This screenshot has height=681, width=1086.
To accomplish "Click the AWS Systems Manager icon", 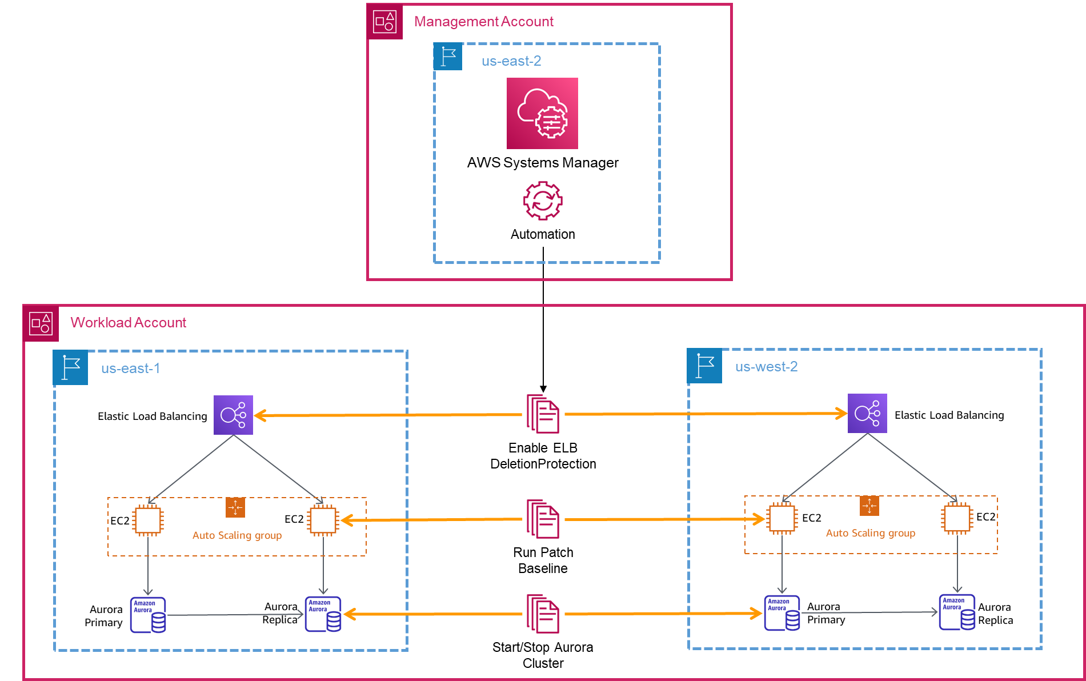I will pos(542,113).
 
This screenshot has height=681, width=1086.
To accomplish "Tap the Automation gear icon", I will pos(543,201).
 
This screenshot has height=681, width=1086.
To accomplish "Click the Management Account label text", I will pos(483,22).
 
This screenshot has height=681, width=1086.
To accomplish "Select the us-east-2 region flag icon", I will pos(448,57).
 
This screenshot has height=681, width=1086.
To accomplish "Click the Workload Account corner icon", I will pos(41,323).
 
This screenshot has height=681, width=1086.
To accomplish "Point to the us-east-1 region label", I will pos(130,368).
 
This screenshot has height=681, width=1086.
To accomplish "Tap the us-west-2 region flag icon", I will pos(704,366).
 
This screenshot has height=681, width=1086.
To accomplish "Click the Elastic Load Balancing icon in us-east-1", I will pos(233,415).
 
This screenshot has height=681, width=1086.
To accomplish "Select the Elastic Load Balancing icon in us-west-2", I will pos(867,413).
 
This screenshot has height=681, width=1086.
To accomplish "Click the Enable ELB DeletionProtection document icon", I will pos(543,414).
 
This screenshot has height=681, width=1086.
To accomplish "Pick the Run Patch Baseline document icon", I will pos(543,519).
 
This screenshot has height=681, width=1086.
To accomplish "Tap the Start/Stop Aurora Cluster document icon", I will pos(543,614).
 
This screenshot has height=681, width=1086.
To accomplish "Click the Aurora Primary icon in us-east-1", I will pos(148,615).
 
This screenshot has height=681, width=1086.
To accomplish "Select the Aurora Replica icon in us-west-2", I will pos(957,612).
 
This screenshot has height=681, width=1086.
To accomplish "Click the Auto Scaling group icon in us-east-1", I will pos(235,507).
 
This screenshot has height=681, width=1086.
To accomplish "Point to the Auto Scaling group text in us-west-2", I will pos(871,533).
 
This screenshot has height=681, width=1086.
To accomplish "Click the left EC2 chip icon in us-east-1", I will pos(148,520).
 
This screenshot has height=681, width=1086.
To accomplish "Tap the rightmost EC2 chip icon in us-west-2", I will pos(957,518).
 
